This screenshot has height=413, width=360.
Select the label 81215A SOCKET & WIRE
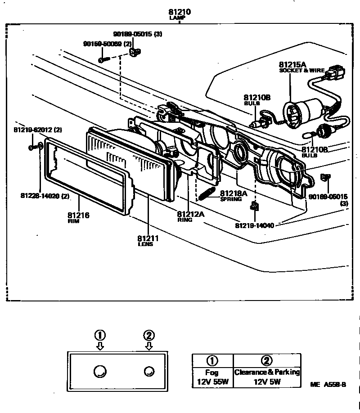(x=298, y=67)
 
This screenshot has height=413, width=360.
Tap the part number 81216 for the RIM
(x=78, y=216)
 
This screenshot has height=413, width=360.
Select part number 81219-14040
(x=255, y=224)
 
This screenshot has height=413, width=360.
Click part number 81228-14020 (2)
(x=45, y=196)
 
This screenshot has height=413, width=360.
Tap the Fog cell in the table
(x=212, y=373)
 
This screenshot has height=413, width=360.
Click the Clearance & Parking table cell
(x=267, y=373)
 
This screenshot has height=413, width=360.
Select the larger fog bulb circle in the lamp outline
(x=100, y=371)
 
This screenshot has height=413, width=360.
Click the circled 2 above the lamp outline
(x=149, y=335)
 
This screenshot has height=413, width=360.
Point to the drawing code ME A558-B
(x=328, y=385)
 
